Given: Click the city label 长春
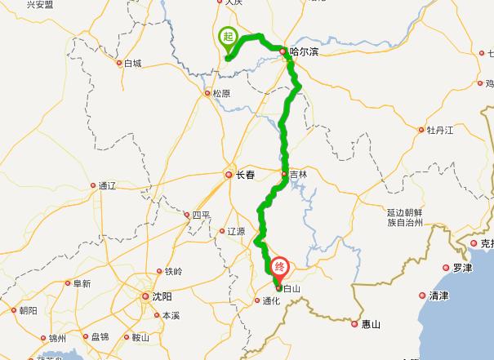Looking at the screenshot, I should pos(246,174).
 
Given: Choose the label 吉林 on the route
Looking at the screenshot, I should pos(298,174).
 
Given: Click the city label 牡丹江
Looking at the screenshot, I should pos(438,130).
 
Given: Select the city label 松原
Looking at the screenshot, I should pos(221,93).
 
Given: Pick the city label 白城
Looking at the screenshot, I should pos(132,63).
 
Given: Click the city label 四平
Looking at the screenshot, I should pos(201,215).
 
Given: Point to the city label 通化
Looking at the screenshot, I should pos(271,300).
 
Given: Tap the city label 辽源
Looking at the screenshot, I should pos(236,232).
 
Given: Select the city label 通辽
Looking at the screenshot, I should pos(108,186).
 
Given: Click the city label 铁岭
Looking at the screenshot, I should pos(173,271).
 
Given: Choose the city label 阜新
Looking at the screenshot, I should pos(81,284).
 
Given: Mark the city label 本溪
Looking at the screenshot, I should pos(170,315).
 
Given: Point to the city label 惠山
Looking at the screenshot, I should pos(371,325).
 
